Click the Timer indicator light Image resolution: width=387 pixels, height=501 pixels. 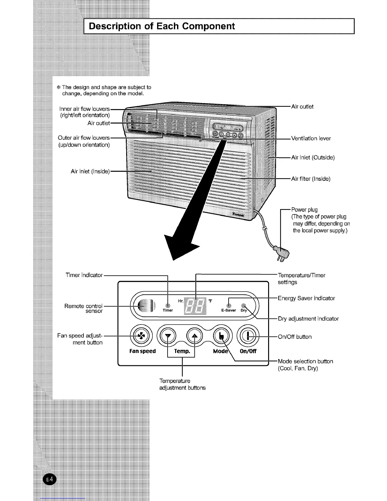168,305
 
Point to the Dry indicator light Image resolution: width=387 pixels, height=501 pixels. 243,306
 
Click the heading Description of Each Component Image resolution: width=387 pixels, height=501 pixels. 162,26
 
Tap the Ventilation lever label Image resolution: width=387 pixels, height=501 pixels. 311,138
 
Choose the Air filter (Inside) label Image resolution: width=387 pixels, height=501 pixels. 310,179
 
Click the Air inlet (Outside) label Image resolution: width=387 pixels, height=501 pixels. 313,157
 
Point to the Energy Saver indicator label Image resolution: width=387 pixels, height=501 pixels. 306,298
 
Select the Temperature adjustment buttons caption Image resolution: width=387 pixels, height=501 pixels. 182,384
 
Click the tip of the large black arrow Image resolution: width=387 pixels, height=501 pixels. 173,259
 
